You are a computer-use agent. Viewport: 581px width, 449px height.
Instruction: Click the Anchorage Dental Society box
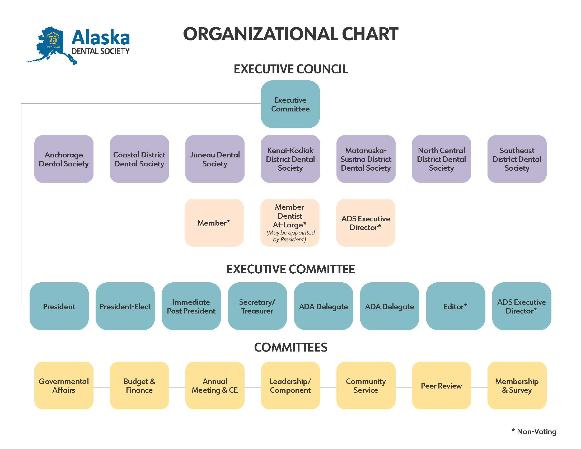pos(64,159)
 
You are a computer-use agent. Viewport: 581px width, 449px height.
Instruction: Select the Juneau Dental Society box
pos(215,159)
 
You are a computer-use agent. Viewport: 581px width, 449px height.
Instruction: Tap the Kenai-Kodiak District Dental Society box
pos(290,159)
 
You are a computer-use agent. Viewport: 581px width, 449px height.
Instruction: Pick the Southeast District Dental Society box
pos(517,159)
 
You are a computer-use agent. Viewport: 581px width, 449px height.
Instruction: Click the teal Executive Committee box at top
pos(290,104)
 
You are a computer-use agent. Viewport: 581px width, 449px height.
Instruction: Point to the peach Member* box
pos(214,223)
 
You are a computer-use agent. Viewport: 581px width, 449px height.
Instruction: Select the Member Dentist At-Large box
pos(290,223)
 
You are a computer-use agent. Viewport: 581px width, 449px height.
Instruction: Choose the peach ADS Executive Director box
pos(366,223)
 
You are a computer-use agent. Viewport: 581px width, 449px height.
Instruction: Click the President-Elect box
pos(125,306)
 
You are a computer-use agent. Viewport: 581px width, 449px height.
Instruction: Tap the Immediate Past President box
pos(191,306)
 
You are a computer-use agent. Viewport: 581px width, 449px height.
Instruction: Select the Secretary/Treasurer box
pos(257,306)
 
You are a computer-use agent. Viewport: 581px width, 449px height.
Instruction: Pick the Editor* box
pos(455,306)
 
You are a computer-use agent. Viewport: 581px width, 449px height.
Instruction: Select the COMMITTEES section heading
pos(290,347)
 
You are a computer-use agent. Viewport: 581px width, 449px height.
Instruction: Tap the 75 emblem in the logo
pos(53,39)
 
